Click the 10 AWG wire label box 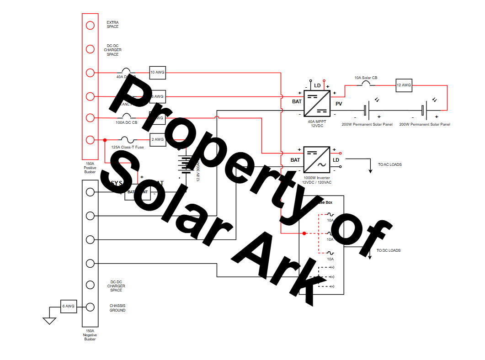[157, 73]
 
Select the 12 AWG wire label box [404, 85]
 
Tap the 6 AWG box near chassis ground [68, 307]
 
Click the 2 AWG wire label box [157, 139]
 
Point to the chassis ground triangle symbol [49, 321]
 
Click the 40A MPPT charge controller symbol [317, 103]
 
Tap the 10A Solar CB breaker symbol [366, 84]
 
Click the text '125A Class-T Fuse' [128, 147]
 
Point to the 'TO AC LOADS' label [389, 164]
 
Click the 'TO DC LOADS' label [389, 250]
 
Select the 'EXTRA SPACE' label [112, 24]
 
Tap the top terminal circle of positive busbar [90, 25]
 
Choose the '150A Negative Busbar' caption [90, 335]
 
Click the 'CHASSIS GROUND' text [117, 308]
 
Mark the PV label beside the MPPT [339, 104]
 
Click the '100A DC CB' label [126, 122]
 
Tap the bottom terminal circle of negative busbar [90, 307]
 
